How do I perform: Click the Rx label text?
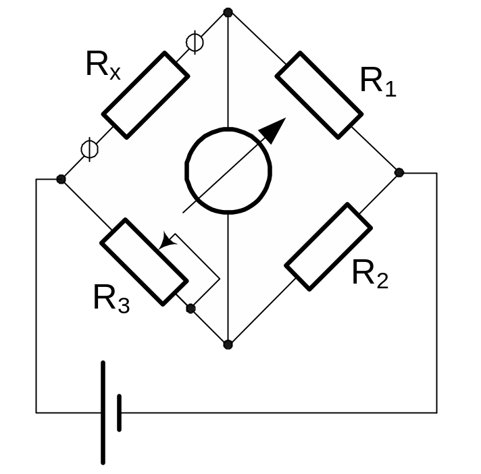click(x=103, y=65)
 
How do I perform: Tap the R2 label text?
click(x=371, y=274)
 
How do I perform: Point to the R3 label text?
click(x=111, y=298)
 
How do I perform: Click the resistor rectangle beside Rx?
click(x=145, y=95)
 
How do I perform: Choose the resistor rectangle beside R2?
click(x=329, y=246)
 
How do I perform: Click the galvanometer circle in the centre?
click(x=229, y=169)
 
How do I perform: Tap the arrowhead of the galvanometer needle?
click(x=274, y=129)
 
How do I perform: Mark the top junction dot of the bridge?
click(x=228, y=12)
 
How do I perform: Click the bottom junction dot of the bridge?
click(x=228, y=344)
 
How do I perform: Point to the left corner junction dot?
click(x=61, y=179)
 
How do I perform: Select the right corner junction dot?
click(x=399, y=173)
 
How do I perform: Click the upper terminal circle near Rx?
click(x=195, y=43)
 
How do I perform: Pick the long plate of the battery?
click(x=103, y=413)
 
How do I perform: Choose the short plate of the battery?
click(x=120, y=413)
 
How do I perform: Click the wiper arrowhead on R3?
click(x=166, y=241)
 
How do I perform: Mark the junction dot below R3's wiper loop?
click(x=191, y=309)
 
